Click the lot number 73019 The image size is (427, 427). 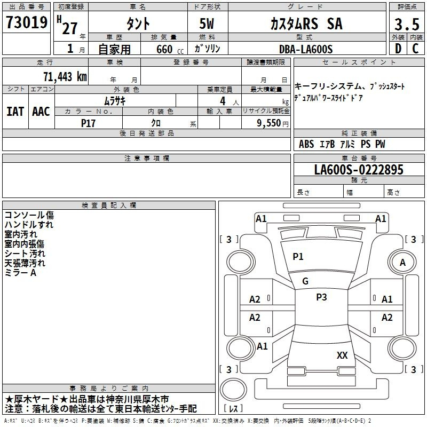point(27,22)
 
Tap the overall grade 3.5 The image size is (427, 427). point(407,24)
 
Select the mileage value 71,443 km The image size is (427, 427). point(65,77)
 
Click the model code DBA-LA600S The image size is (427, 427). point(306,49)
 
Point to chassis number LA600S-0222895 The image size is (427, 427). point(359,170)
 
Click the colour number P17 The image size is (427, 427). point(88,123)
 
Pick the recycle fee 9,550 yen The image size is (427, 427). point(273,123)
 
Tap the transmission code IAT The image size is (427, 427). point(15,112)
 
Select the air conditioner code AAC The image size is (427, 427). point(41,112)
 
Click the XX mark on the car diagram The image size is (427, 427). point(342,355)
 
